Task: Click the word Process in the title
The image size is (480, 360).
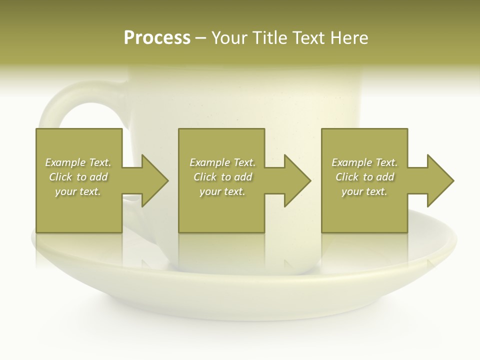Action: pos(157,38)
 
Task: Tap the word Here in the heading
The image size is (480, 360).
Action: pos(348,38)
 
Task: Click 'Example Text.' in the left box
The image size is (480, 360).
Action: pos(78,162)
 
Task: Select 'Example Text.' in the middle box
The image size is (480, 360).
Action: pos(222,162)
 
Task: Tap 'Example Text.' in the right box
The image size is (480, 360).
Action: pos(364,162)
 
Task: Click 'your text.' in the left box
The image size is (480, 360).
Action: pos(78,191)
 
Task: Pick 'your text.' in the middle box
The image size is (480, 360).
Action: pos(222,191)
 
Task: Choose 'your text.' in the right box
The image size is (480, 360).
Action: pos(364,191)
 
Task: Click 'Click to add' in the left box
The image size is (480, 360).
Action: pos(78,177)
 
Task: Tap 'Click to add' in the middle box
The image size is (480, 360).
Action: pos(222,177)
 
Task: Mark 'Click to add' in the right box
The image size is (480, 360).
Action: pos(364,177)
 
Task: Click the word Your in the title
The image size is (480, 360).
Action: pos(228,38)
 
